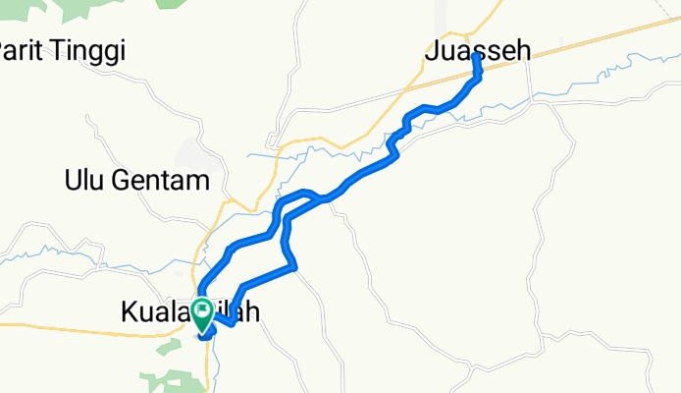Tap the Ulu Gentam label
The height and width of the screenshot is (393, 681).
137,181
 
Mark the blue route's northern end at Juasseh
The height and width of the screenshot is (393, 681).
476,57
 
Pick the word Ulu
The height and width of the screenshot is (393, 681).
84,181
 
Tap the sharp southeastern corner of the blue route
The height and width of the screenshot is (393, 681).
295,265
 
